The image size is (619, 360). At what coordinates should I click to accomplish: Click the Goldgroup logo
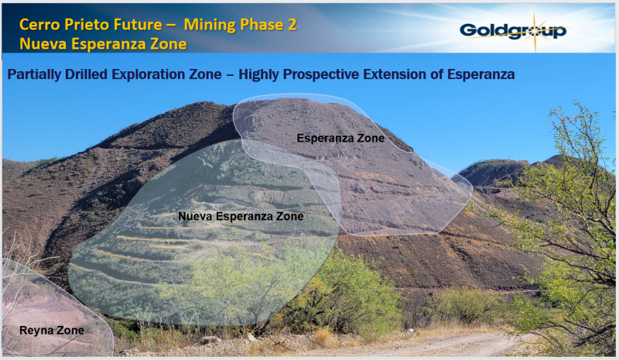(513, 31)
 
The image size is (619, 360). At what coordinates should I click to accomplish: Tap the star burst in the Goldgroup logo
(535, 32)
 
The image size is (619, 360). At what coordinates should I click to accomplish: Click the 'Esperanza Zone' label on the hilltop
(340, 139)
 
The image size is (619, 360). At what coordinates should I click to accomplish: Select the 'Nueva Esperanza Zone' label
(241, 216)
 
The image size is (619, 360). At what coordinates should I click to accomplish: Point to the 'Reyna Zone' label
(52, 331)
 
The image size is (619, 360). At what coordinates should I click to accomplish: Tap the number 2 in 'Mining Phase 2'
(292, 25)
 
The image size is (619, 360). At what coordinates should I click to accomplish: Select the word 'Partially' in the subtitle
(34, 74)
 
